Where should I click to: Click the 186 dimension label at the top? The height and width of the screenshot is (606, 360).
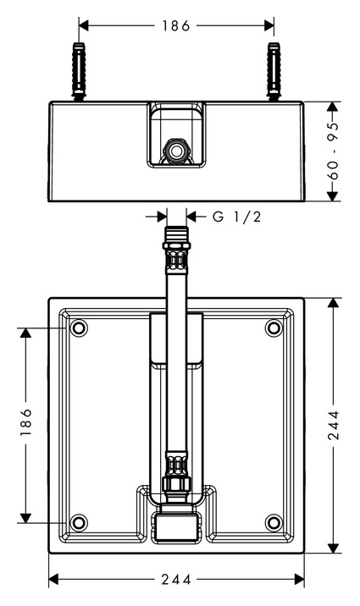(x=176, y=26)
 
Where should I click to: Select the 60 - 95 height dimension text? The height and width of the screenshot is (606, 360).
(x=334, y=151)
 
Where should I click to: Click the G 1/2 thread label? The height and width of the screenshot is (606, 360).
(x=236, y=217)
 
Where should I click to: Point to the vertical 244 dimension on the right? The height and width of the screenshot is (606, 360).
(x=334, y=425)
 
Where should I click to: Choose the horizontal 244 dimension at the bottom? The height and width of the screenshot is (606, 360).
(x=176, y=579)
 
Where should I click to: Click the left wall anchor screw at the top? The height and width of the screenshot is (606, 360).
(x=79, y=71)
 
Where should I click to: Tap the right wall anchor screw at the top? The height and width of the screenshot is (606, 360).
(x=274, y=71)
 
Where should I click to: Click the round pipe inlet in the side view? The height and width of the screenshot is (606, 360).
(x=177, y=151)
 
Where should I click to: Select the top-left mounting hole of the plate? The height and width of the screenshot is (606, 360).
(x=79, y=328)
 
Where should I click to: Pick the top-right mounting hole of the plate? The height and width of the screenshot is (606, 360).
(x=274, y=328)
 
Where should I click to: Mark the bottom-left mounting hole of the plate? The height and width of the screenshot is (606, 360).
(x=79, y=522)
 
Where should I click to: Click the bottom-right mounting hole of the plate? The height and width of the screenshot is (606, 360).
(x=274, y=522)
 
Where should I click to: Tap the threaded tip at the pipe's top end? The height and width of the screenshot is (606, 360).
(x=176, y=235)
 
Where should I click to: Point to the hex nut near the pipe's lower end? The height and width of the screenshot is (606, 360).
(x=177, y=483)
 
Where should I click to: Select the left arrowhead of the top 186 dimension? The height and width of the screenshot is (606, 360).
(x=84, y=26)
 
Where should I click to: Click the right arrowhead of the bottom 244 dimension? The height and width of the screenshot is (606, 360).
(x=299, y=579)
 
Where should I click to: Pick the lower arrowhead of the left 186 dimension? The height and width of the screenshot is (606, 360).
(x=26, y=518)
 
